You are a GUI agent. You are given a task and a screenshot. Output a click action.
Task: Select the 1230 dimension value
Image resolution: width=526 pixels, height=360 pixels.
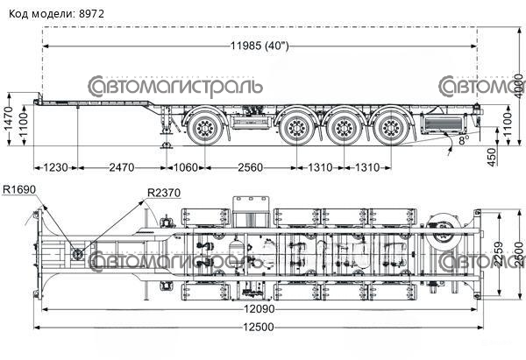[54, 167]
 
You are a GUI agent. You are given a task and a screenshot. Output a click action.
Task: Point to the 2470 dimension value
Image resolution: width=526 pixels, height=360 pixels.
[119, 167]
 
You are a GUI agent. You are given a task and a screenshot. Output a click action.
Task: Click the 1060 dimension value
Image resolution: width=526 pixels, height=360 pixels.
[185, 167]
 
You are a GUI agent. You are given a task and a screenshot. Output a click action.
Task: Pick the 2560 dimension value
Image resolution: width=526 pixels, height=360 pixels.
[250, 167]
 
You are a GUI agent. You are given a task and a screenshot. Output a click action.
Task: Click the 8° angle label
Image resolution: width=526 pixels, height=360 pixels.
[463, 138]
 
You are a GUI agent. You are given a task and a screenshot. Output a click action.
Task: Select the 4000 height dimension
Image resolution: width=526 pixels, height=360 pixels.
[518, 84]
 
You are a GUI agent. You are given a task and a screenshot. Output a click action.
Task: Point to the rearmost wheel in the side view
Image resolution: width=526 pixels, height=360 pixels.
[388, 128]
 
